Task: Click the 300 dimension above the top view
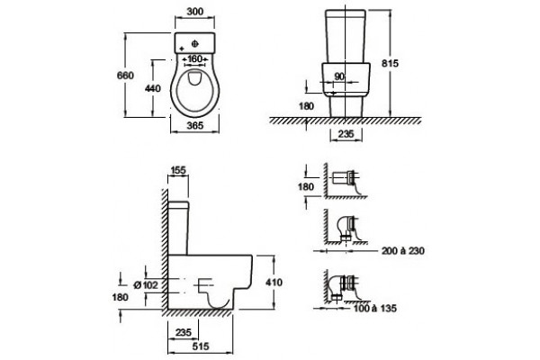[x=195, y=12]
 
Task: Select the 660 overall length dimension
[x=125, y=75]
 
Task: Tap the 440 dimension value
[x=153, y=88]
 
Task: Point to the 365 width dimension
[x=195, y=125]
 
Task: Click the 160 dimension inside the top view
[x=195, y=58]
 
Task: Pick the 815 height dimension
[x=390, y=63]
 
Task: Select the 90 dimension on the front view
[x=339, y=76]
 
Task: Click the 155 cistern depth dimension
[x=178, y=170]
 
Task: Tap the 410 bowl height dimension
[x=274, y=282]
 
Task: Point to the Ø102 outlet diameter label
[x=146, y=285]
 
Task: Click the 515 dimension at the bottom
[x=201, y=346]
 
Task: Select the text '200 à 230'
[x=403, y=251]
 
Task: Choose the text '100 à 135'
[x=375, y=308]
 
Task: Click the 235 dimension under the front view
[x=346, y=134]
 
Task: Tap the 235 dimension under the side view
[x=184, y=332]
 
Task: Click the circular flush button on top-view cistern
[x=194, y=44]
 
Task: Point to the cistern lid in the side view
[x=178, y=205]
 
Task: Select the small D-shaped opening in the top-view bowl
[x=195, y=77]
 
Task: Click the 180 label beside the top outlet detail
[x=306, y=186]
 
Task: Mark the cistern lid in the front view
[x=346, y=13]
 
